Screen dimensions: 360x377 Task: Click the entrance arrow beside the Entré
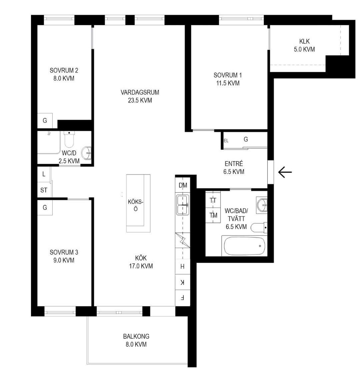coord(285,172)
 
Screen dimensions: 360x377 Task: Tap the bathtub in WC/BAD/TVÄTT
coord(244,246)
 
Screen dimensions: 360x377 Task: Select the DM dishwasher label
coord(183,185)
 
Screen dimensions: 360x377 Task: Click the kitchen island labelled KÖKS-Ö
coord(138,203)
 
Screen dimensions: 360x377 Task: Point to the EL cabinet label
coord(226,141)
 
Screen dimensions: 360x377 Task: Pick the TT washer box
coord(213,200)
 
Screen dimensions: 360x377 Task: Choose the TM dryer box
coord(213,215)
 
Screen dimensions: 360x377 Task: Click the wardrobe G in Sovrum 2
coord(45,120)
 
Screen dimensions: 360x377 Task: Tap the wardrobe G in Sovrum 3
coord(45,208)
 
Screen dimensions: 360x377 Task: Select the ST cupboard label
coord(44,190)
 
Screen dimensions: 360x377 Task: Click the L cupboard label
coord(44,174)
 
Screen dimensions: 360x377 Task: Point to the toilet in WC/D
coord(69,139)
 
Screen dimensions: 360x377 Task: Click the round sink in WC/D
coord(86,153)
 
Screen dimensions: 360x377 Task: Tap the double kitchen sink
coord(183,205)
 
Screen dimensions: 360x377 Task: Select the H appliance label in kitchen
coord(183,266)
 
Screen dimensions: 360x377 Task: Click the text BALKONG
coord(136,336)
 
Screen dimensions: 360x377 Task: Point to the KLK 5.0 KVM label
coord(304,45)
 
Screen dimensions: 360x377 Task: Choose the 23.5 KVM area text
coord(140,100)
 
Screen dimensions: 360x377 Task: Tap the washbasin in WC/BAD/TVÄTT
coord(262,205)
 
